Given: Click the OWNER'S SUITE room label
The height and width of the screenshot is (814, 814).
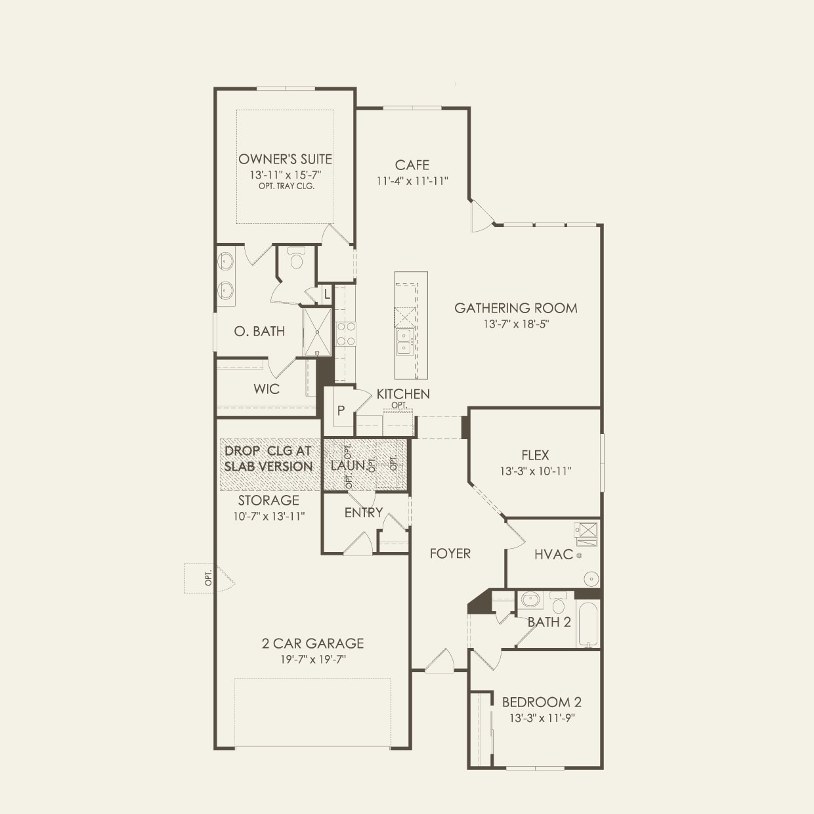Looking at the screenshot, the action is click(x=285, y=160).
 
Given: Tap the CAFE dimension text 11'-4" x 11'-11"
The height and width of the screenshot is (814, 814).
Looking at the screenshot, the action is click(x=412, y=181).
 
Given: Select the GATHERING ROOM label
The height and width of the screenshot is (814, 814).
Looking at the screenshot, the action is click(x=516, y=308).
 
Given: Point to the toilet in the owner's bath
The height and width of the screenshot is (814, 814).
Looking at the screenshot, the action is click(x=297, y=259).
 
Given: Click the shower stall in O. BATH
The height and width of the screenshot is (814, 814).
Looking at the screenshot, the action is click(x=317, y=332).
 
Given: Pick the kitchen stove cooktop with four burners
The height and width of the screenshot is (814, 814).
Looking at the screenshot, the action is click(x=345, y=333).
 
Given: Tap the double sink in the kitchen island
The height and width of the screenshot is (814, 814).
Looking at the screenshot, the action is click(x=404, y=341).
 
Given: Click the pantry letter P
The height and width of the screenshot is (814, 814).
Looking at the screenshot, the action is click(x=341, y=410).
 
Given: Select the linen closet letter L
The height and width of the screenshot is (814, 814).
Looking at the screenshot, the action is click(x=327, y=294).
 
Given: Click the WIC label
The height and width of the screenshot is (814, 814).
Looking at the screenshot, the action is click(x=267, y=389).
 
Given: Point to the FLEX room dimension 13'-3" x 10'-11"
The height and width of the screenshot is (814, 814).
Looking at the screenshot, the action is click(x=536, y=471).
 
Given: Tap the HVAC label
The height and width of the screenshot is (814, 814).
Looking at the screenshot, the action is click(x=553, y=554).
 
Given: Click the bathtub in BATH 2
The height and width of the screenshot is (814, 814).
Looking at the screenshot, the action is click(x=588, y=624).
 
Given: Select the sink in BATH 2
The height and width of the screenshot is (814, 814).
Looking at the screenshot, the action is click(x=530, y=599).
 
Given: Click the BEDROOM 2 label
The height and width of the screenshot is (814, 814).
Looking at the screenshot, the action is click(x=542, y=702).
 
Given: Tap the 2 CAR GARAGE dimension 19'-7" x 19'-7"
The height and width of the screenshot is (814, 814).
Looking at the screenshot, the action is click(x=313, y=659).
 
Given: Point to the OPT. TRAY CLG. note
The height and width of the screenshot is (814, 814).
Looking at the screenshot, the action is click(x=286, y=186).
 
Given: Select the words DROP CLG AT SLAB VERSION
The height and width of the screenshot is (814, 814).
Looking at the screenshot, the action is click(x=268, y=459).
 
